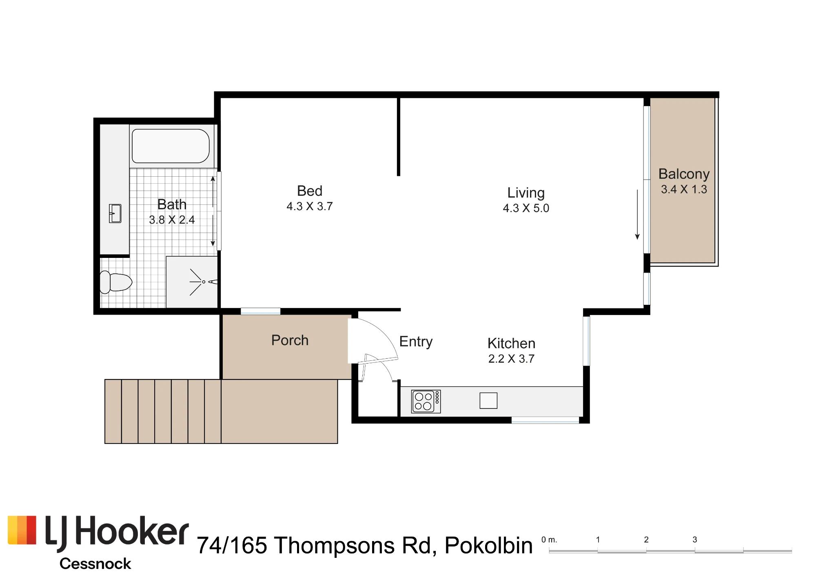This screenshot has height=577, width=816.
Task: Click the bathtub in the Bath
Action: coord(171,146)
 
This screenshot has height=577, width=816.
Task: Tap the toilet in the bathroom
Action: coord(116,282)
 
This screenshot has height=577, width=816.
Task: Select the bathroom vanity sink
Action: coord(115,213)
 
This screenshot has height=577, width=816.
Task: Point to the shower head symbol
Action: coord(203,282)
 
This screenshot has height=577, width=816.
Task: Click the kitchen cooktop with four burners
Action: coord(426,402)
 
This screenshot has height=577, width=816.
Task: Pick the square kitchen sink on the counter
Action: coord(488,400)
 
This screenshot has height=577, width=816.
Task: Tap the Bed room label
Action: coord(310,191)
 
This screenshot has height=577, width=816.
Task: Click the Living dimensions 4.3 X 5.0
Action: coord(526,208)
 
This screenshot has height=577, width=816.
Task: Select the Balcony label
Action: coord(684,174)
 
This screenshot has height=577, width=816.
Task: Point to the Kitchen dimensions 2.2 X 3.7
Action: coord(511,359)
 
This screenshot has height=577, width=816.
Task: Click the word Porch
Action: coord(290,340)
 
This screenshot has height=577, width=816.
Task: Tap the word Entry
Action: coord(416,342)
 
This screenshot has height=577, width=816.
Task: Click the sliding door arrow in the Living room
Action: coord(637,215)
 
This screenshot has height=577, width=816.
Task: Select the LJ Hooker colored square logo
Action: coord(22,530)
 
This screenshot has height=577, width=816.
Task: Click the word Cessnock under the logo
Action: coord(95,564)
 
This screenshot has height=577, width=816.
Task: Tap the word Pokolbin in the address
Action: coord(488,545)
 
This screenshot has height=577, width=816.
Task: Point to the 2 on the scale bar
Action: coord(646,539)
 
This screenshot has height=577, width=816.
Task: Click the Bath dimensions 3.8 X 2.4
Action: coord(172,220)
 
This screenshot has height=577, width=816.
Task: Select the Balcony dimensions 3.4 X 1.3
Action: coord(684,189)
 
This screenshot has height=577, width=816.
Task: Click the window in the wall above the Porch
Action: coord(260,311)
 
